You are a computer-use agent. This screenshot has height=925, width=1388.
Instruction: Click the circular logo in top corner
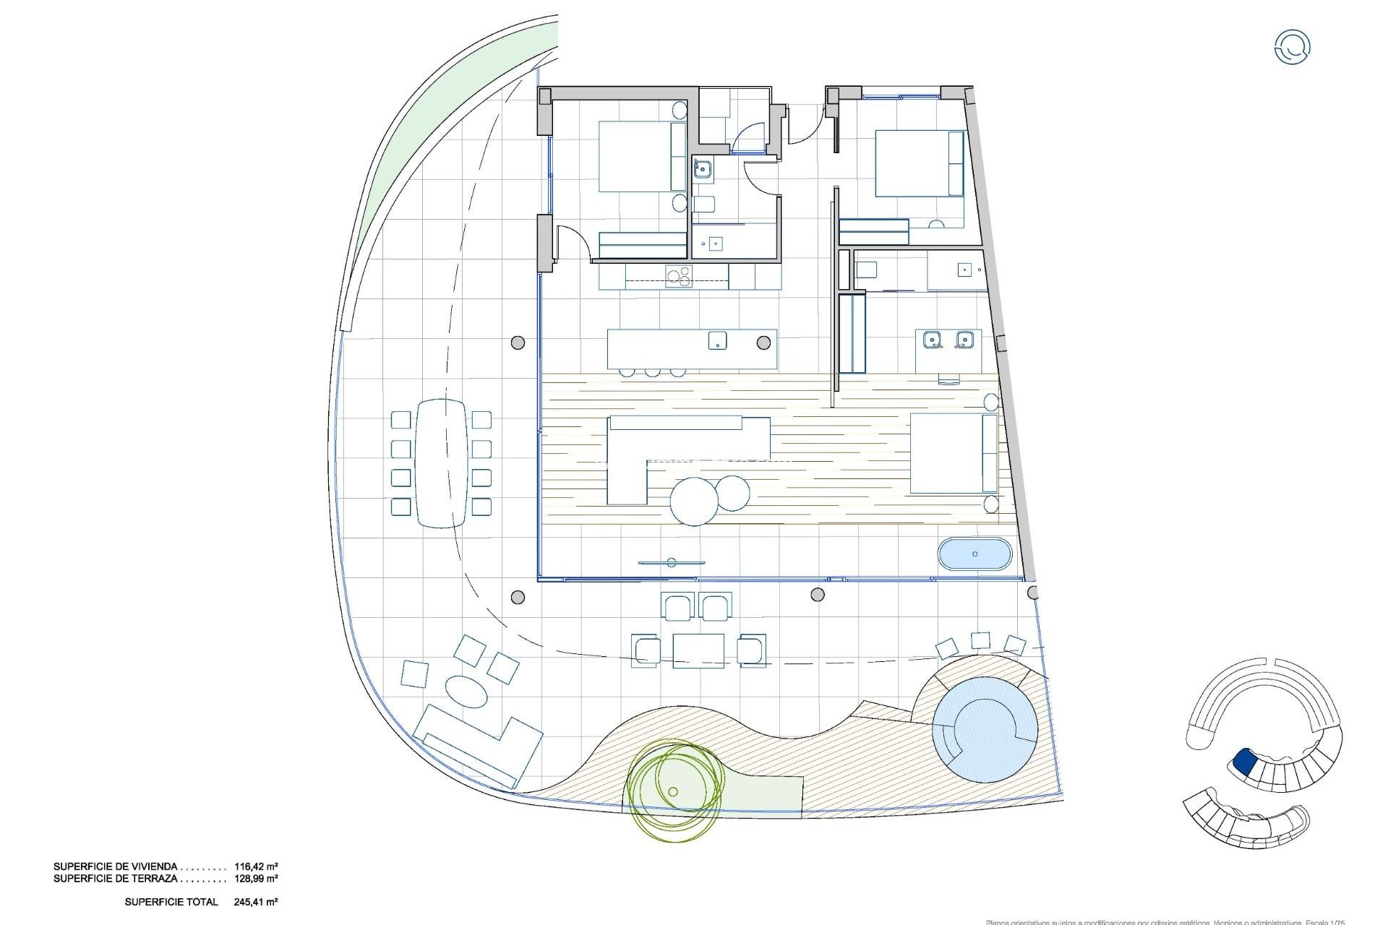point(1292,47)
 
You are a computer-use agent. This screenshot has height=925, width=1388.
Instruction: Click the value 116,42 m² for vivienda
point(256,866)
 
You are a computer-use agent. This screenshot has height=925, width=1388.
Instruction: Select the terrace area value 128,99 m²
point(256,879)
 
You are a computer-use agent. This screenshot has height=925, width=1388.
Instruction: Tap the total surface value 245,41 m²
point(256,902)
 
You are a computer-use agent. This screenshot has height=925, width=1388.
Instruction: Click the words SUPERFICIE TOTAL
point(171,902)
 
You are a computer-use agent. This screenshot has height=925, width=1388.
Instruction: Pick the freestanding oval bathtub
point(974,554)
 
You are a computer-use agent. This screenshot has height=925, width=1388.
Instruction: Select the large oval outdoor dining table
point(441,462)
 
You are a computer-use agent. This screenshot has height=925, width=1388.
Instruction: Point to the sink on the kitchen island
point(717,340)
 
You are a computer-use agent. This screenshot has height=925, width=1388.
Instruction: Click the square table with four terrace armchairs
point(698,650)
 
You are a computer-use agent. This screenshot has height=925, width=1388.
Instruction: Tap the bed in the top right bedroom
point(918,163)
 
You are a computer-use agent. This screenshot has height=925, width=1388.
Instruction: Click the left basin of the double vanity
point(932,338)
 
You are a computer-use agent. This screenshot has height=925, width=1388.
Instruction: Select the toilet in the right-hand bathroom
point(866,270)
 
